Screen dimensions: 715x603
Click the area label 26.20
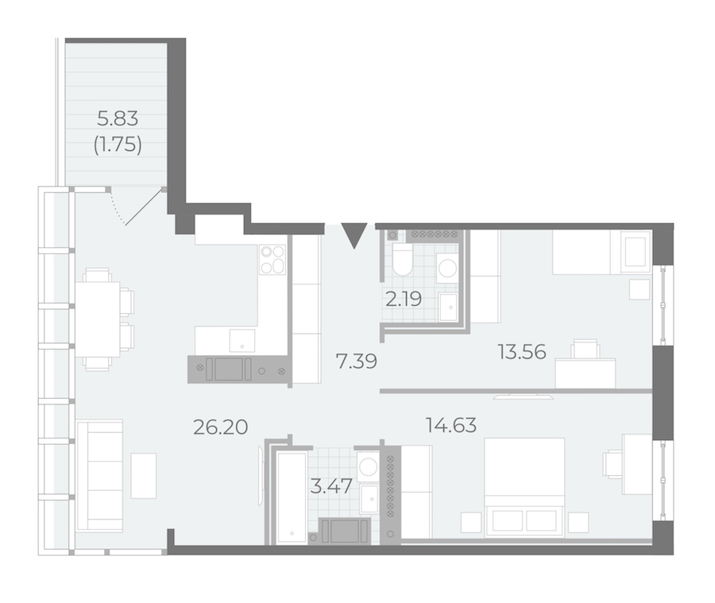221,427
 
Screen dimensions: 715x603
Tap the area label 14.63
451,425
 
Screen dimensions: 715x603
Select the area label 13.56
522,352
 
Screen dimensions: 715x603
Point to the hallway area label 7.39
357,361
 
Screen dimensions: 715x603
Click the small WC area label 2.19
404,300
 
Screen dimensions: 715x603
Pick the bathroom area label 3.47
331,486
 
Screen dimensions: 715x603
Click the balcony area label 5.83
118,119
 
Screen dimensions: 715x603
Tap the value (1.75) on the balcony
118,145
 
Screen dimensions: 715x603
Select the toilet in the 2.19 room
402,258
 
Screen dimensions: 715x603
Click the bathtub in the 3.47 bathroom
292,498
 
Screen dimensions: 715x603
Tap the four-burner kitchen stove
272,260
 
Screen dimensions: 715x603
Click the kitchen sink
242,341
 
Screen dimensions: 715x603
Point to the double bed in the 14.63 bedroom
524,486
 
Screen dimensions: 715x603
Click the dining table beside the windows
98,320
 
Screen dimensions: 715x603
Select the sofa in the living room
100,476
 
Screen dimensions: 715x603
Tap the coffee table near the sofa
144,476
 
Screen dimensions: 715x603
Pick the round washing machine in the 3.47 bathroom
368,466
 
